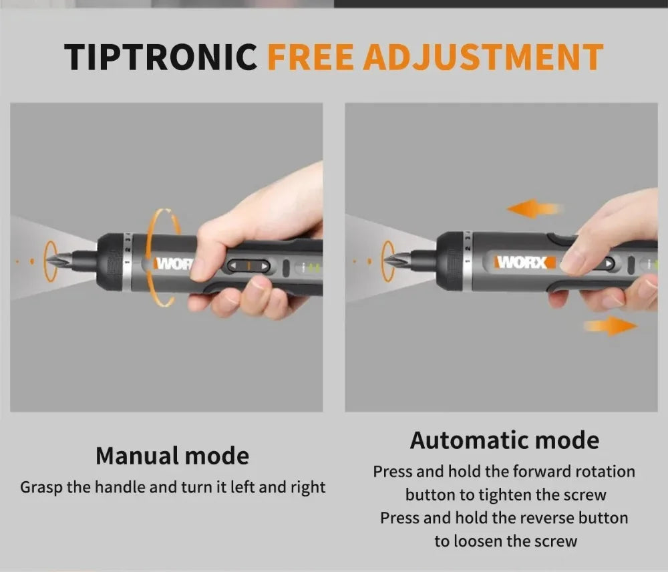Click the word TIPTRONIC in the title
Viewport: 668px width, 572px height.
click(x=161, y=57)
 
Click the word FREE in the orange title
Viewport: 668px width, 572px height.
click(x=310, y=57)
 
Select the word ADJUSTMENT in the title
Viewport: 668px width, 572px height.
click(x=483, y=57)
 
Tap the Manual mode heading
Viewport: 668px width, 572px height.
click(x=172, y=456)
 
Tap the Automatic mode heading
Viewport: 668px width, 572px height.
click(x=504, y=440)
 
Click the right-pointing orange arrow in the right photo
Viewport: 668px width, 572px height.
click(x=609, y=325)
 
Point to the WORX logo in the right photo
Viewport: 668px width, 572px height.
click(x=524, y=262)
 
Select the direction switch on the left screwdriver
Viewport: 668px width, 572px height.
click(x=248, y=266)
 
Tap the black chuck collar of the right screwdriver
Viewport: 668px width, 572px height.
click(x=452, y=261)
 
